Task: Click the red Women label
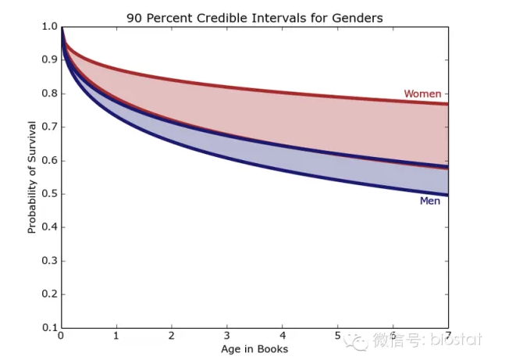coord(422,94)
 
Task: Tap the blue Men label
coord(429,201)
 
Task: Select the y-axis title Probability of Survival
coord(32,176)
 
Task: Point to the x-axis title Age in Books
coord(254,348)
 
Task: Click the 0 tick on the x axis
coord(61,337)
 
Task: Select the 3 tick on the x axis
coord(227,337)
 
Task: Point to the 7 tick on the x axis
coord(448,337)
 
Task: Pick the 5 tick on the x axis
coord(337,337)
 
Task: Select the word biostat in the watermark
coord(456,340)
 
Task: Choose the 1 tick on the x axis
coord(116,337)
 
